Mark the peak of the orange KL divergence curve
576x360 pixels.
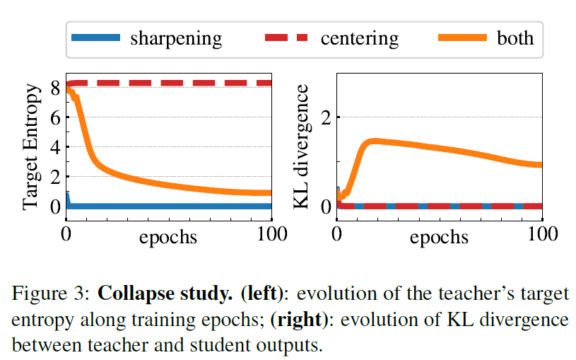376,141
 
